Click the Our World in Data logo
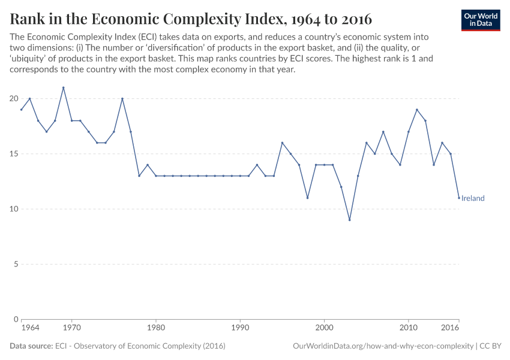(x=481, y=20)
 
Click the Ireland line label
(x=473, y=198)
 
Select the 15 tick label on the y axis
(x=14, y=154)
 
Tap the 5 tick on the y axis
(x=16, y=264)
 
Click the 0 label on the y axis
(x=16, y=319)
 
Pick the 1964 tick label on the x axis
(x=30, y=328)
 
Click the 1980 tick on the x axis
(x=156, y=328)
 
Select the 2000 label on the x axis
(x=324, y=328)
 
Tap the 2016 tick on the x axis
(x=451, y=328)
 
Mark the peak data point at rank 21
(x=64, y=88)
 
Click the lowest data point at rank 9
(x=349, y=220)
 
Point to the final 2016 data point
(x=459, y=198)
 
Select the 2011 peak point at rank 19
(x=417, y=110)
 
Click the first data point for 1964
(x=22, y=110)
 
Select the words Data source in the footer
(x=31, y=346)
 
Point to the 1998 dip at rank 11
(x=307, y=198)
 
